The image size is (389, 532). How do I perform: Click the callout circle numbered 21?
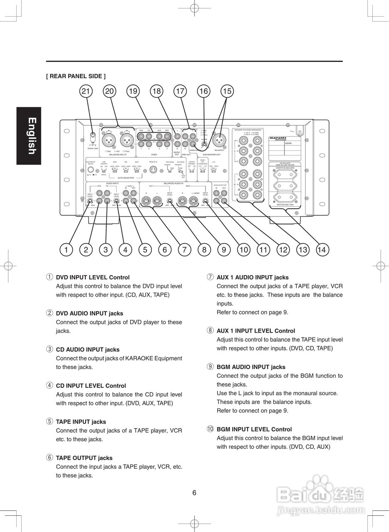coord(86,91)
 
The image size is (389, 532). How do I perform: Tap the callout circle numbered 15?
coord(227,91)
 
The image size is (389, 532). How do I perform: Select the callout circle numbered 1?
coord(66,250)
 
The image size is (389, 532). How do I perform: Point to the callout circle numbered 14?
coord(322,250)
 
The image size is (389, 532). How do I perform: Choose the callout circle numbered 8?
coord(204,250)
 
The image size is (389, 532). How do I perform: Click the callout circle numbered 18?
coord(156,91)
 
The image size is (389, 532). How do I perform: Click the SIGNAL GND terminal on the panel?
coord(93,135)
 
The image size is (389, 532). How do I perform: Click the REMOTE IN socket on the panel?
coord(153,170)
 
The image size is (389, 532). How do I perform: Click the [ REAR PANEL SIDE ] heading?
coord(76,76)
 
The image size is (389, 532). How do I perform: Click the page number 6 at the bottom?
coord(194,493)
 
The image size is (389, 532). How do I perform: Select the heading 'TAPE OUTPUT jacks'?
coord(84,458)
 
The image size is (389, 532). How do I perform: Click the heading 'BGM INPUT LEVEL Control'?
coord(254,429)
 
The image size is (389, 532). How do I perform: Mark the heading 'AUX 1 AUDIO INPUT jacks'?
coord(252,277)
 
